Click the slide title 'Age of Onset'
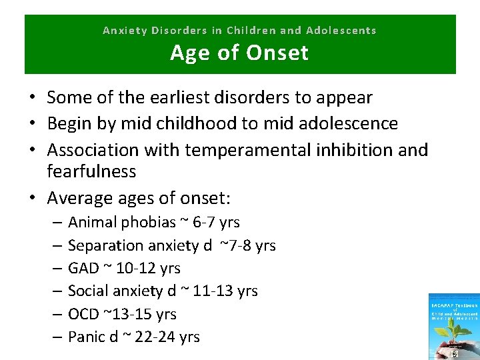[x=239, y=52]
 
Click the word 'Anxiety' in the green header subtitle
[x=125, y=30]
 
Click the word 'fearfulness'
[x=91, y=171]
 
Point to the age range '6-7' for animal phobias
[x=202, y=221]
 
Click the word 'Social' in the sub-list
[x=88, y=291]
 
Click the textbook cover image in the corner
[x=453, y=327]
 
